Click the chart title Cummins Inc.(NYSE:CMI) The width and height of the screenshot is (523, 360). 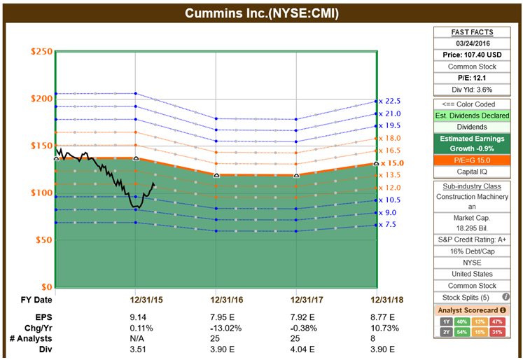[261, 13]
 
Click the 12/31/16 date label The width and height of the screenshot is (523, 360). [216, 300]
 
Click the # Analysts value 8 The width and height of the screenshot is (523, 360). [379, 338]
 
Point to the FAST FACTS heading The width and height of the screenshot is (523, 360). [473, 32]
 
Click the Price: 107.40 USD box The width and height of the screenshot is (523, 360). [473, 55]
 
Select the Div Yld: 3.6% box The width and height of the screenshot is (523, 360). [473, 89]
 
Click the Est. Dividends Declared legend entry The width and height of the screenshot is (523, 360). [473, 116]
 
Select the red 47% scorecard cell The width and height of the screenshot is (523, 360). [498, 321]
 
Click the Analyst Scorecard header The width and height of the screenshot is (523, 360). [473, 310]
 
